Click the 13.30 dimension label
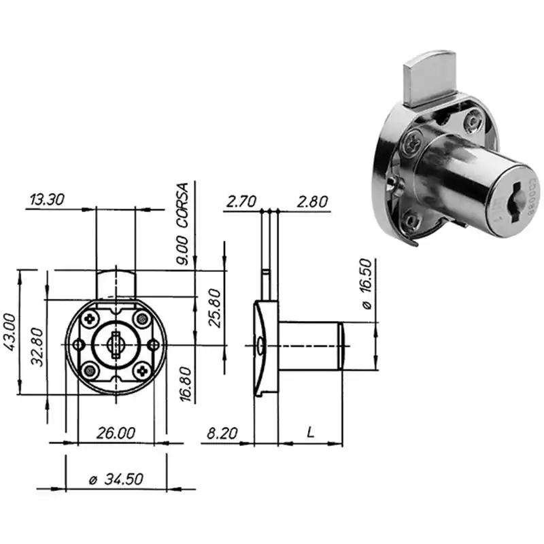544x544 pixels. (x=47, y=199)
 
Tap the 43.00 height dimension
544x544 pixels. (x=10, y=332)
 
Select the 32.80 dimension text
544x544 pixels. (x=37, y=347)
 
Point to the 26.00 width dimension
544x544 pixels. (x=116, y=433)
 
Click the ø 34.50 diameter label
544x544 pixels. (x=116, y=479)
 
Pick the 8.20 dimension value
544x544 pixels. (x=222, y=433)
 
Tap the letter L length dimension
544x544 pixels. (x=311, y=432)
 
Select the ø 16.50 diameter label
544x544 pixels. (x=367, y=284)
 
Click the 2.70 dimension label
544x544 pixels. (x=241, y=201)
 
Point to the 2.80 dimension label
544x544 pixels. (x=312, y=202)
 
